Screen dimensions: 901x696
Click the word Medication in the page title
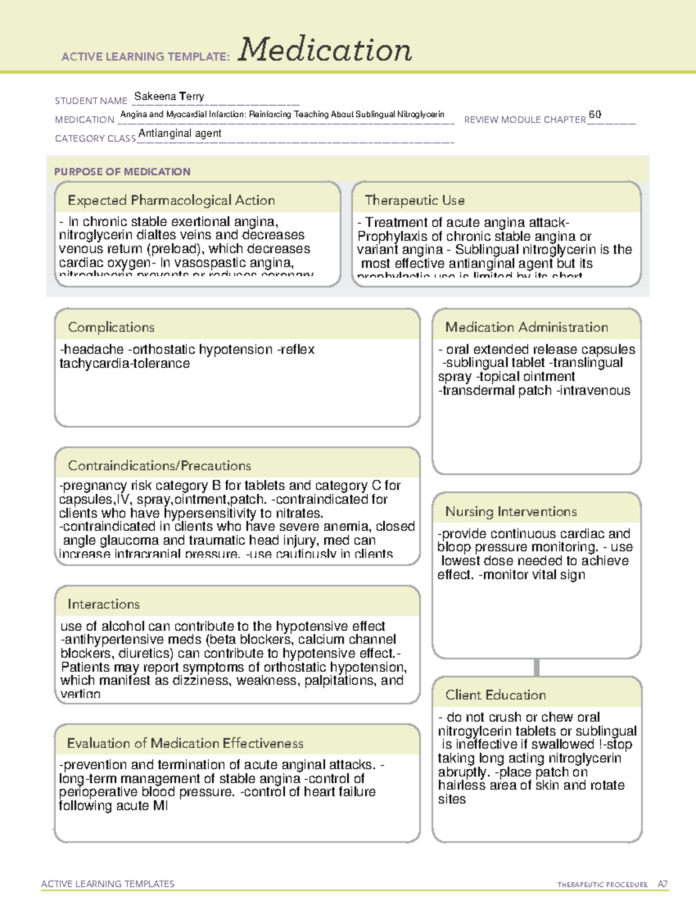pyautogui.click(x=325, y=50)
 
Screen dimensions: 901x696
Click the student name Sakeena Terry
pyautogui.click(x=169, y=96)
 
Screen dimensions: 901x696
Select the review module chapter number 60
pyautogui.click(x=594, y=115)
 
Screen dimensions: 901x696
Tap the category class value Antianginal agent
pyautogui.click(x=180, y=133)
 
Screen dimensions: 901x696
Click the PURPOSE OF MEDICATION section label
pyautogui.click(x=122, y=172)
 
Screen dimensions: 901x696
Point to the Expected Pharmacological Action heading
pyautogui.click(x=171, y=200)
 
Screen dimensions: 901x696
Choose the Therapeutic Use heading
pyautogui.click(x=414, y=200)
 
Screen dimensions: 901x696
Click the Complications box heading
pyautogui.click(x=111, y=327)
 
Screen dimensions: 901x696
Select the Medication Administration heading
pyautogui.click(x=526, y=327)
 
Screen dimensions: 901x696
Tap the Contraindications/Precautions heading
pyautogui.click(x=159, y=465)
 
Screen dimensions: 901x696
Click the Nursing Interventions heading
pyautogui.click(x=510, y=512)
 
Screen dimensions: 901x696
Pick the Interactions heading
pyautogui.click(x=103, y=604)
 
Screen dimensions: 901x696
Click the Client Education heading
pyautogui.click(x=495, y=695)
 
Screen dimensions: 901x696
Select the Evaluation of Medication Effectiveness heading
pyautogui.click(x=185, y=743)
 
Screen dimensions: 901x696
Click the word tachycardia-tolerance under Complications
pyautogui.click(x=124, y=364)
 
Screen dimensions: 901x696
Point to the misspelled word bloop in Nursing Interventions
pyautogui.click(x=454, y=547)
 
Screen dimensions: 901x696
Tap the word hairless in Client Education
pyautogui.click(x=462, y=786)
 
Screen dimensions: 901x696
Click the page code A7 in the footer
pyautogui.click(x=662, y=884)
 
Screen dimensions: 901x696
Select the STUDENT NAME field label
pyautogui.click(x=91, y=101)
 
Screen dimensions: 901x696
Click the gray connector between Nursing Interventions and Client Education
pyautogui.click(x=536, y=667)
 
